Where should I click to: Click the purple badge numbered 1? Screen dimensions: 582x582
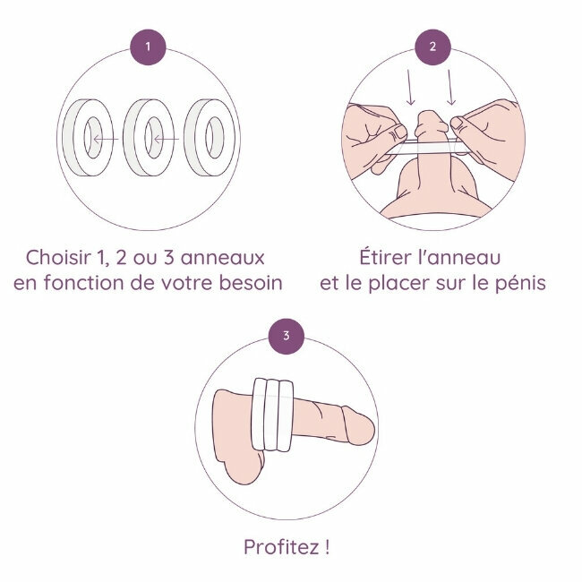(148, 47)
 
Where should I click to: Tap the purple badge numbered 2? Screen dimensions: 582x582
(432, 47)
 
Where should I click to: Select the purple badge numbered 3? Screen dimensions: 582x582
(287, 336)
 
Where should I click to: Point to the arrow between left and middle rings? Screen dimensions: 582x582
(106, 140)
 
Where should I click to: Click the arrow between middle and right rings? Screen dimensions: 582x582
(167, 140)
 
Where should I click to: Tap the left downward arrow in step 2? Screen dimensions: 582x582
(410, 88)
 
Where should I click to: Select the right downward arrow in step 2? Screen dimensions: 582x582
(450, 88)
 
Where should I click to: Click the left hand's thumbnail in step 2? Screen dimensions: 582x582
(400, 131)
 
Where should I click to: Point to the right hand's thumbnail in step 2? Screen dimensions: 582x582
(457, 123)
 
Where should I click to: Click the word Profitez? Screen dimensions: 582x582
(280, 547)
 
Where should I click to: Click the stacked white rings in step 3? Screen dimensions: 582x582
(272, 415)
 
